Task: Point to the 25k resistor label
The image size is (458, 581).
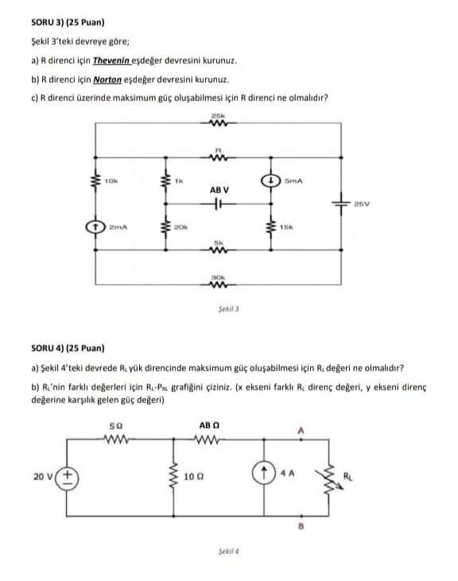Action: coord(217,116)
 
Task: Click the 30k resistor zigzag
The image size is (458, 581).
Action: coord(217,285)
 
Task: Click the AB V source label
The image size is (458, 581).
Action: coord(219,190)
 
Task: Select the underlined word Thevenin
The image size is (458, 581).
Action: coord(111,60)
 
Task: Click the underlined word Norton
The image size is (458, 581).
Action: coord(106,80)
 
